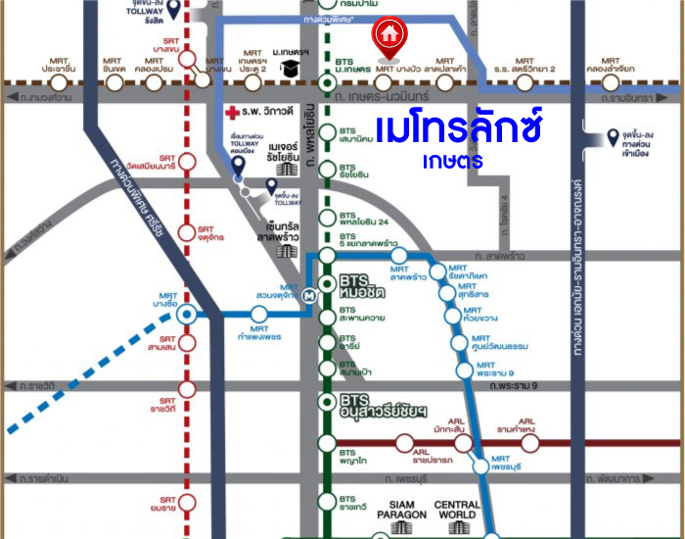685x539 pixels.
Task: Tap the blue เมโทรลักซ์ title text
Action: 460,129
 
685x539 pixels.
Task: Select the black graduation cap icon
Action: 290,68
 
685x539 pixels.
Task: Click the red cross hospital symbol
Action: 232,112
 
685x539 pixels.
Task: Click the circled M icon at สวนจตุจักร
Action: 310,293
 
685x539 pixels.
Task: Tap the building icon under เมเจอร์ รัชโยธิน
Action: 286,169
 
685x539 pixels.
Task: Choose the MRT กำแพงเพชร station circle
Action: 258,314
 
